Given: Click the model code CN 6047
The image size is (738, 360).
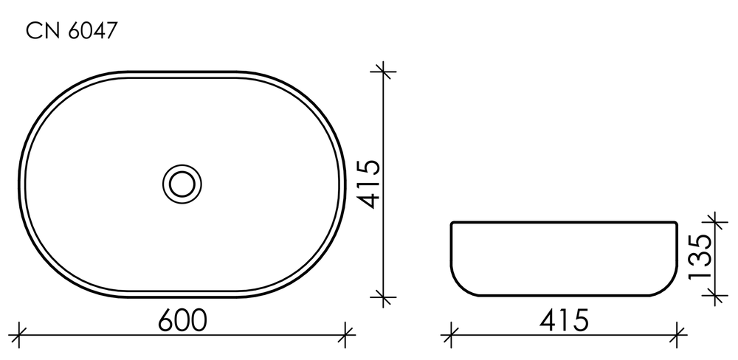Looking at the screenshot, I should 72,31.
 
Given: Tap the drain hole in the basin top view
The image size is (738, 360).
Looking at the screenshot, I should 180,181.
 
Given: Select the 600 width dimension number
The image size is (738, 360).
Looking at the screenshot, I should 182,319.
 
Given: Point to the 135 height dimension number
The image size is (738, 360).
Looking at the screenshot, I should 698,257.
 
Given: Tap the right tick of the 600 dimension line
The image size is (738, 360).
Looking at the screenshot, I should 345,333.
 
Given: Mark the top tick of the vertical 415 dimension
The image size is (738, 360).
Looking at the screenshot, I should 384,72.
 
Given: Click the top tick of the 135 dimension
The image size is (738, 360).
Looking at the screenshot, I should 713,221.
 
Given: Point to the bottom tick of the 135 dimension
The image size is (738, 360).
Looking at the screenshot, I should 713,297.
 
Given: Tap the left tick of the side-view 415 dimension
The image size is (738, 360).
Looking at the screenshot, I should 451,333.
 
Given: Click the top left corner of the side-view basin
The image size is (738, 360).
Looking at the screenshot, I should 452,222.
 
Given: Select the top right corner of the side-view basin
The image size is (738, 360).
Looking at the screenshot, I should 676,222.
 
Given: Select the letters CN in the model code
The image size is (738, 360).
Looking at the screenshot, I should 41,31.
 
